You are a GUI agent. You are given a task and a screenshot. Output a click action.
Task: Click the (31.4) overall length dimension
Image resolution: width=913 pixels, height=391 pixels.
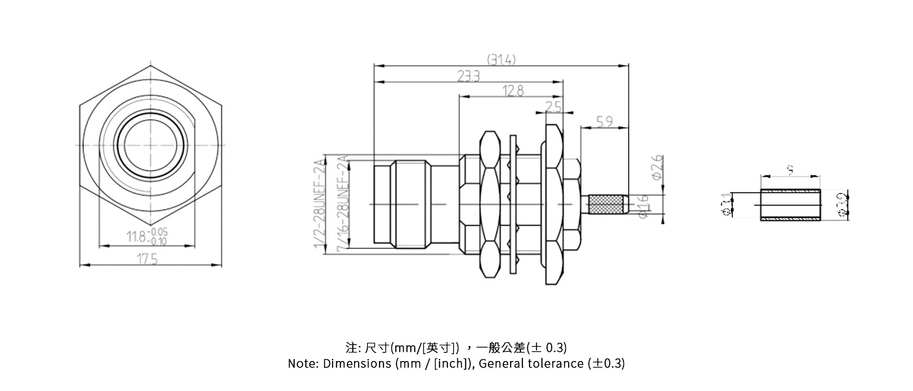(501, 59)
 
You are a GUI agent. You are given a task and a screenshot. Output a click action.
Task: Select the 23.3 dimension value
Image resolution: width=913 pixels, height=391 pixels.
(468, 77)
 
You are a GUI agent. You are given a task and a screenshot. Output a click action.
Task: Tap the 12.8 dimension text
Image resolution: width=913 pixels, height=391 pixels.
(513, 91)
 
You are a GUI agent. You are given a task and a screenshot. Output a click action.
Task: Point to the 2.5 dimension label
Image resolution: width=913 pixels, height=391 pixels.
(553, 106)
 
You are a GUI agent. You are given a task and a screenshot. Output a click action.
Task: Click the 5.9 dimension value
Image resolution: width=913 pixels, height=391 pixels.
(605, 122)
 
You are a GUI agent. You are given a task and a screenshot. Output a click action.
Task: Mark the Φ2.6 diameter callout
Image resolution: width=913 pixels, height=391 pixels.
(657, 167)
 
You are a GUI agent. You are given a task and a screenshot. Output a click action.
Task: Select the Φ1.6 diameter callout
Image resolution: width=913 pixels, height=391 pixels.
(644, 207)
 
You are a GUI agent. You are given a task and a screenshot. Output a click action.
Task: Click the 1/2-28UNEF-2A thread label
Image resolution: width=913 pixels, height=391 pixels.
(320, 202)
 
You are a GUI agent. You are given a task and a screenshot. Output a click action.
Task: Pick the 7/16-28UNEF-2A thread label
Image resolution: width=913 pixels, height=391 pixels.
(342, 203)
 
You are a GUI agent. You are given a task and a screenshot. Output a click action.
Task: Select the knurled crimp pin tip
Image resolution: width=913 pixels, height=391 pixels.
(608, 205)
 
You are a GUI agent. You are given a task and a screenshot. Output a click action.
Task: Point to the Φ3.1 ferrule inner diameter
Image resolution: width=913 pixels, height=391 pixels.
(726, 205)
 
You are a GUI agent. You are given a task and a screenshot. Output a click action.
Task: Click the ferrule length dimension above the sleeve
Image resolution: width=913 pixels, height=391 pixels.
(790, 170)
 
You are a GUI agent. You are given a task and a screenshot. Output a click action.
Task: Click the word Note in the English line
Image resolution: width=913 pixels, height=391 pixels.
(302, 364)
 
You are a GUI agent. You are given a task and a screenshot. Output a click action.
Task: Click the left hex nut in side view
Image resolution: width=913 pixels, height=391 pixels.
(488, 205)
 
